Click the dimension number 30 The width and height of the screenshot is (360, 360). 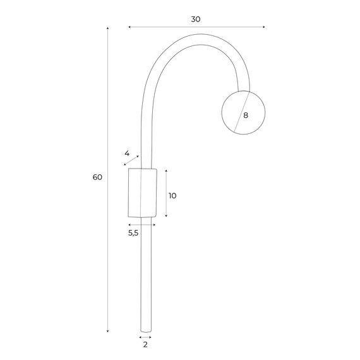[x=196, y=19]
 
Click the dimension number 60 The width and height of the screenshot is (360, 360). [x=97, y=177]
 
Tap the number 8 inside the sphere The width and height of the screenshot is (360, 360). [x=245, y=115]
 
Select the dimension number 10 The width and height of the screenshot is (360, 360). [x=172, y=196]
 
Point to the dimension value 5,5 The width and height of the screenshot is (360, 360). [x=133, y=233]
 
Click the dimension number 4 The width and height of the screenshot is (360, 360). [x=127, y=153]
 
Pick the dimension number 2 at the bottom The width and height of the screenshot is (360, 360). [x=145, y=345]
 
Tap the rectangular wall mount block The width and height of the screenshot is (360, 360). [x=141, y=192]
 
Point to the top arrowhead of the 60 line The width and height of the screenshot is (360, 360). [x=108, y=29]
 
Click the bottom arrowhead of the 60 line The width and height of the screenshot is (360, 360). [x=108, y=331]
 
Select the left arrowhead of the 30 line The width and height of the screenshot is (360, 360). [x=129, y=27]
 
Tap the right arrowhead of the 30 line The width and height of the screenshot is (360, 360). [x=263, y=27]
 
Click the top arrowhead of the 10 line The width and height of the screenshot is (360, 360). [x=166, y=171]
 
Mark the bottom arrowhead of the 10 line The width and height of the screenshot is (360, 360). [x=166, y=215]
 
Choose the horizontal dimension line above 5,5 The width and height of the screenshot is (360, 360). [x=141, y=225]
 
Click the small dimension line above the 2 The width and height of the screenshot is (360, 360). [x=145, y=337]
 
